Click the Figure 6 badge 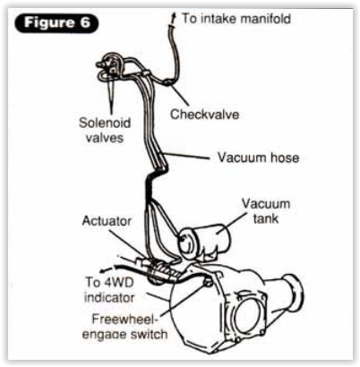[56, 22]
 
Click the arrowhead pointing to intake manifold [174, 18]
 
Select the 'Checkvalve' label [204, 114]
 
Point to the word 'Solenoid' [105, 123]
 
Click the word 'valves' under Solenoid [105, 138]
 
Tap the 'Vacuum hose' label [258, 158]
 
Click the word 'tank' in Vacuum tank [266, 218]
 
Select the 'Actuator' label [107, 221]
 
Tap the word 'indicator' [109, 297]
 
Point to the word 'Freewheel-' [124, 319]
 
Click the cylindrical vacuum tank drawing [204, 243]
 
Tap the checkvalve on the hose [168, 82]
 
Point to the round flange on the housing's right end [293, 294]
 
